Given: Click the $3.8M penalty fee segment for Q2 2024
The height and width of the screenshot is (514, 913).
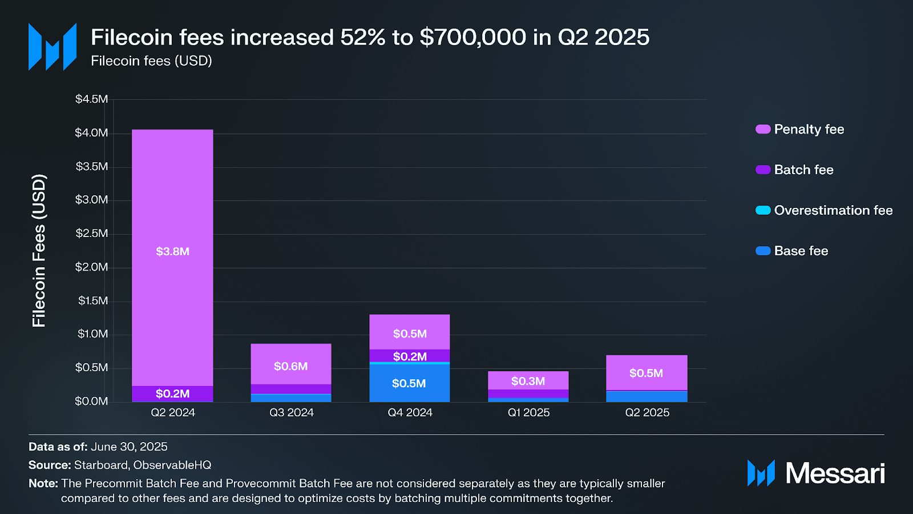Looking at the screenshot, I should coord(172,251).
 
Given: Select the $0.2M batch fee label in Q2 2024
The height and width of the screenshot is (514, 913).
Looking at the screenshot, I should coord(172,393).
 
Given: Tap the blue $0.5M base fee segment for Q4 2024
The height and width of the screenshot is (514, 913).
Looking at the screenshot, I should coord(409,383).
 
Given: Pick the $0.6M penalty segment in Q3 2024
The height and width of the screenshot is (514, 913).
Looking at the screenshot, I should coord(291,366).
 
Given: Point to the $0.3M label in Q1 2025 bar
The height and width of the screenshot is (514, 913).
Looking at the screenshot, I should coord(528,381).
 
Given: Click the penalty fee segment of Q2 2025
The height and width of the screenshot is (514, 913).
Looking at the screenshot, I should coord(647,373).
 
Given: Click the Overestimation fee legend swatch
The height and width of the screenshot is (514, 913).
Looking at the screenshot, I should coord(763,211).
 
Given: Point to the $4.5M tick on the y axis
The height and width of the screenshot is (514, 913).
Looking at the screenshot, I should coord(91,99).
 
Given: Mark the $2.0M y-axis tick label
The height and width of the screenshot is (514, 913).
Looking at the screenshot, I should coord(91,267).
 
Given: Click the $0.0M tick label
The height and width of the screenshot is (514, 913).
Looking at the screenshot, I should coord(91,401).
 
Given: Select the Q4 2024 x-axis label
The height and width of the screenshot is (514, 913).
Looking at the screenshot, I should coord(410,412).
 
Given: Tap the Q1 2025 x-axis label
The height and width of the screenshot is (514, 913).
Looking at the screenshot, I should coord(528,412).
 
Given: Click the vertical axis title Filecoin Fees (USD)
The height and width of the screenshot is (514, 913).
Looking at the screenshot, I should coord(39,251).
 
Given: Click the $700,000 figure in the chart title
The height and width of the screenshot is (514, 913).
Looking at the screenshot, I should coord(473,38).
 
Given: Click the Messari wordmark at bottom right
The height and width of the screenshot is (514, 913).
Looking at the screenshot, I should coord(835,473).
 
